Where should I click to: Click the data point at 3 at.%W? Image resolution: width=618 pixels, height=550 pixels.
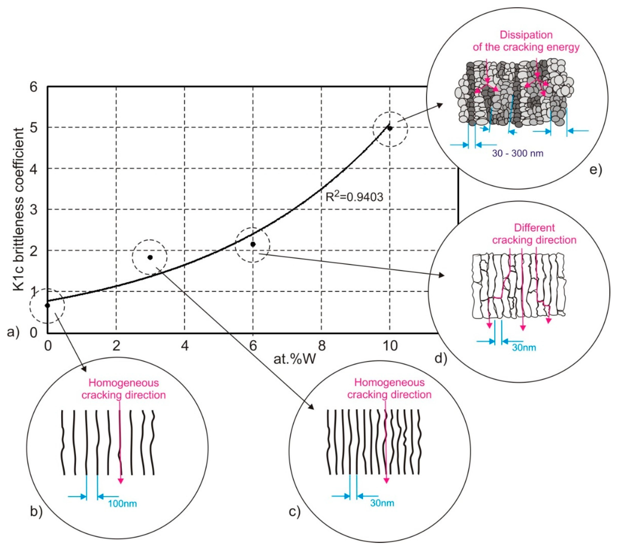tap(150, 257)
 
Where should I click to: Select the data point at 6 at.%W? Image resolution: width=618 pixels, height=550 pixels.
tap(253, 244)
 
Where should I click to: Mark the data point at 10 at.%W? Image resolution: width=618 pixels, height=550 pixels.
tap(390, 128)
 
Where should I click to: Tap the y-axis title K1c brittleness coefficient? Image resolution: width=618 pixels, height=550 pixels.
tap(19, 210)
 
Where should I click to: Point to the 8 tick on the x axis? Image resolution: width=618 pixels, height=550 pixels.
tap(322, 345)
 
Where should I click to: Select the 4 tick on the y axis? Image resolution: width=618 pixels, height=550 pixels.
tap(34, 169)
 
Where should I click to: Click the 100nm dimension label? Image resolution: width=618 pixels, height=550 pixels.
tap(122, 504)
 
